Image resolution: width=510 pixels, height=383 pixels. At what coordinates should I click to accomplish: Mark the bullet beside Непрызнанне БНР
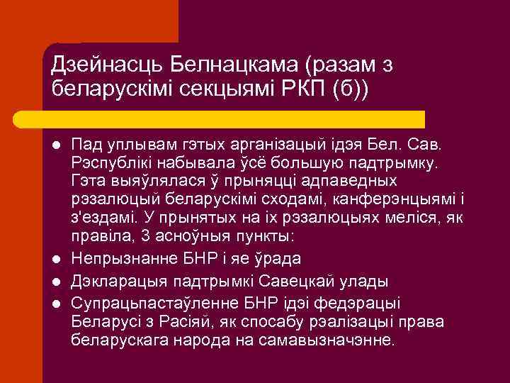pos(55,259)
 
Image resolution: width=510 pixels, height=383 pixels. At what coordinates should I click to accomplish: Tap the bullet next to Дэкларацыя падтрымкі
pos(55,282)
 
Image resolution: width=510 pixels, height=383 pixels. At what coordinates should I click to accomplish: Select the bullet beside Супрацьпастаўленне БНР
pos(55,304)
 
